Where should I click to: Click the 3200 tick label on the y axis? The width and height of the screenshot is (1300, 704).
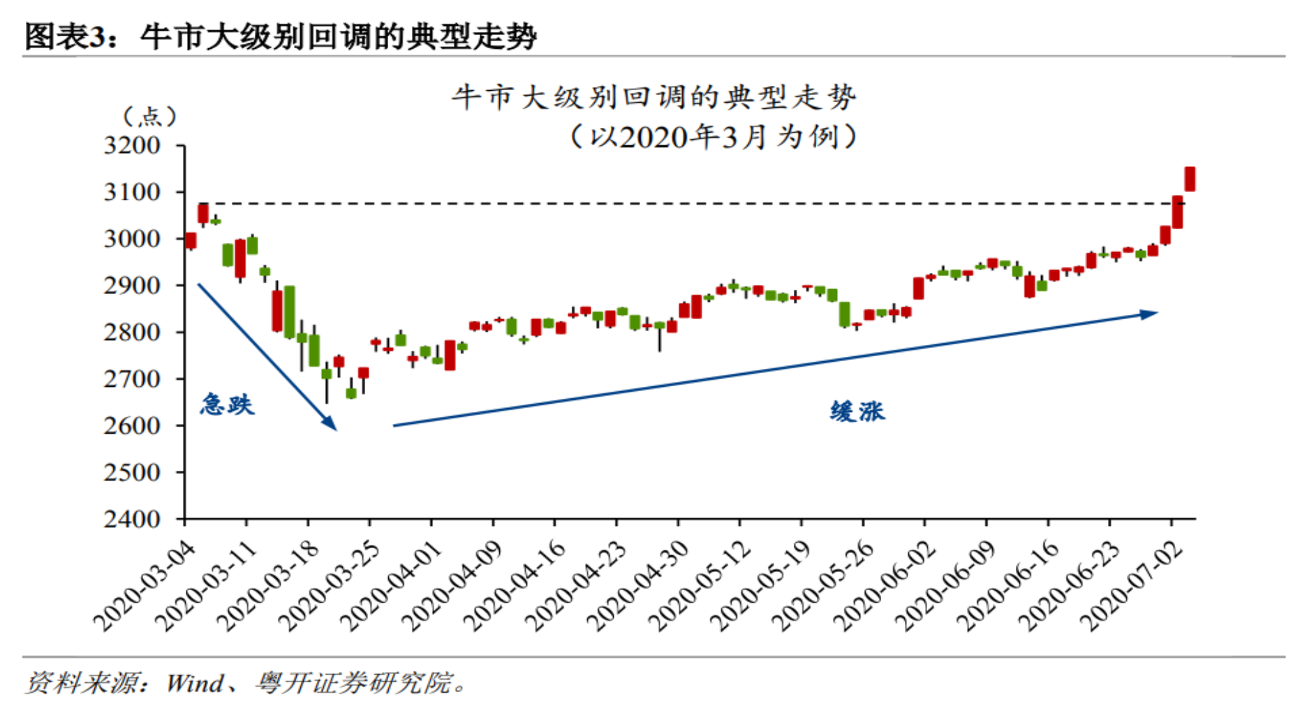[132, 145]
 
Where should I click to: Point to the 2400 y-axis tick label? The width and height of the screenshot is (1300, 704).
[132, 519]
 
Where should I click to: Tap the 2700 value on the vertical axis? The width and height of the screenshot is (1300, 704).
[132, 379]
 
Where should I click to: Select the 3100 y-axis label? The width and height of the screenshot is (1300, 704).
[132, 192]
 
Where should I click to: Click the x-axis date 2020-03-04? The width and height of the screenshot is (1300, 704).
[145, 586]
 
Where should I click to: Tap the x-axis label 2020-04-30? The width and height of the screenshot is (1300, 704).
[638, 586]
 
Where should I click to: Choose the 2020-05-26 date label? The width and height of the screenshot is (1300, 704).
[823, 586]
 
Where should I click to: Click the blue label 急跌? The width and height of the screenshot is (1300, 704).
[227, 404]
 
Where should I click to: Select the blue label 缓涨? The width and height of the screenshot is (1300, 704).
[857, 411]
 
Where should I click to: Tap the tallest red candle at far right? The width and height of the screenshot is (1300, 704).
[1190, 179]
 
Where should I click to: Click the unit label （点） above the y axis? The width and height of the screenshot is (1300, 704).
[149, 116]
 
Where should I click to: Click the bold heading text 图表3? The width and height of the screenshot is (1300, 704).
[66, 36]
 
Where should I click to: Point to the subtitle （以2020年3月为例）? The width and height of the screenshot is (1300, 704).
[712, 136]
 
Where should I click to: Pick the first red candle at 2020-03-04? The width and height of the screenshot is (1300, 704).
[191, 240]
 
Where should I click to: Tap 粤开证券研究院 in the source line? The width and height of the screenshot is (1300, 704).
[353, 682]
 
